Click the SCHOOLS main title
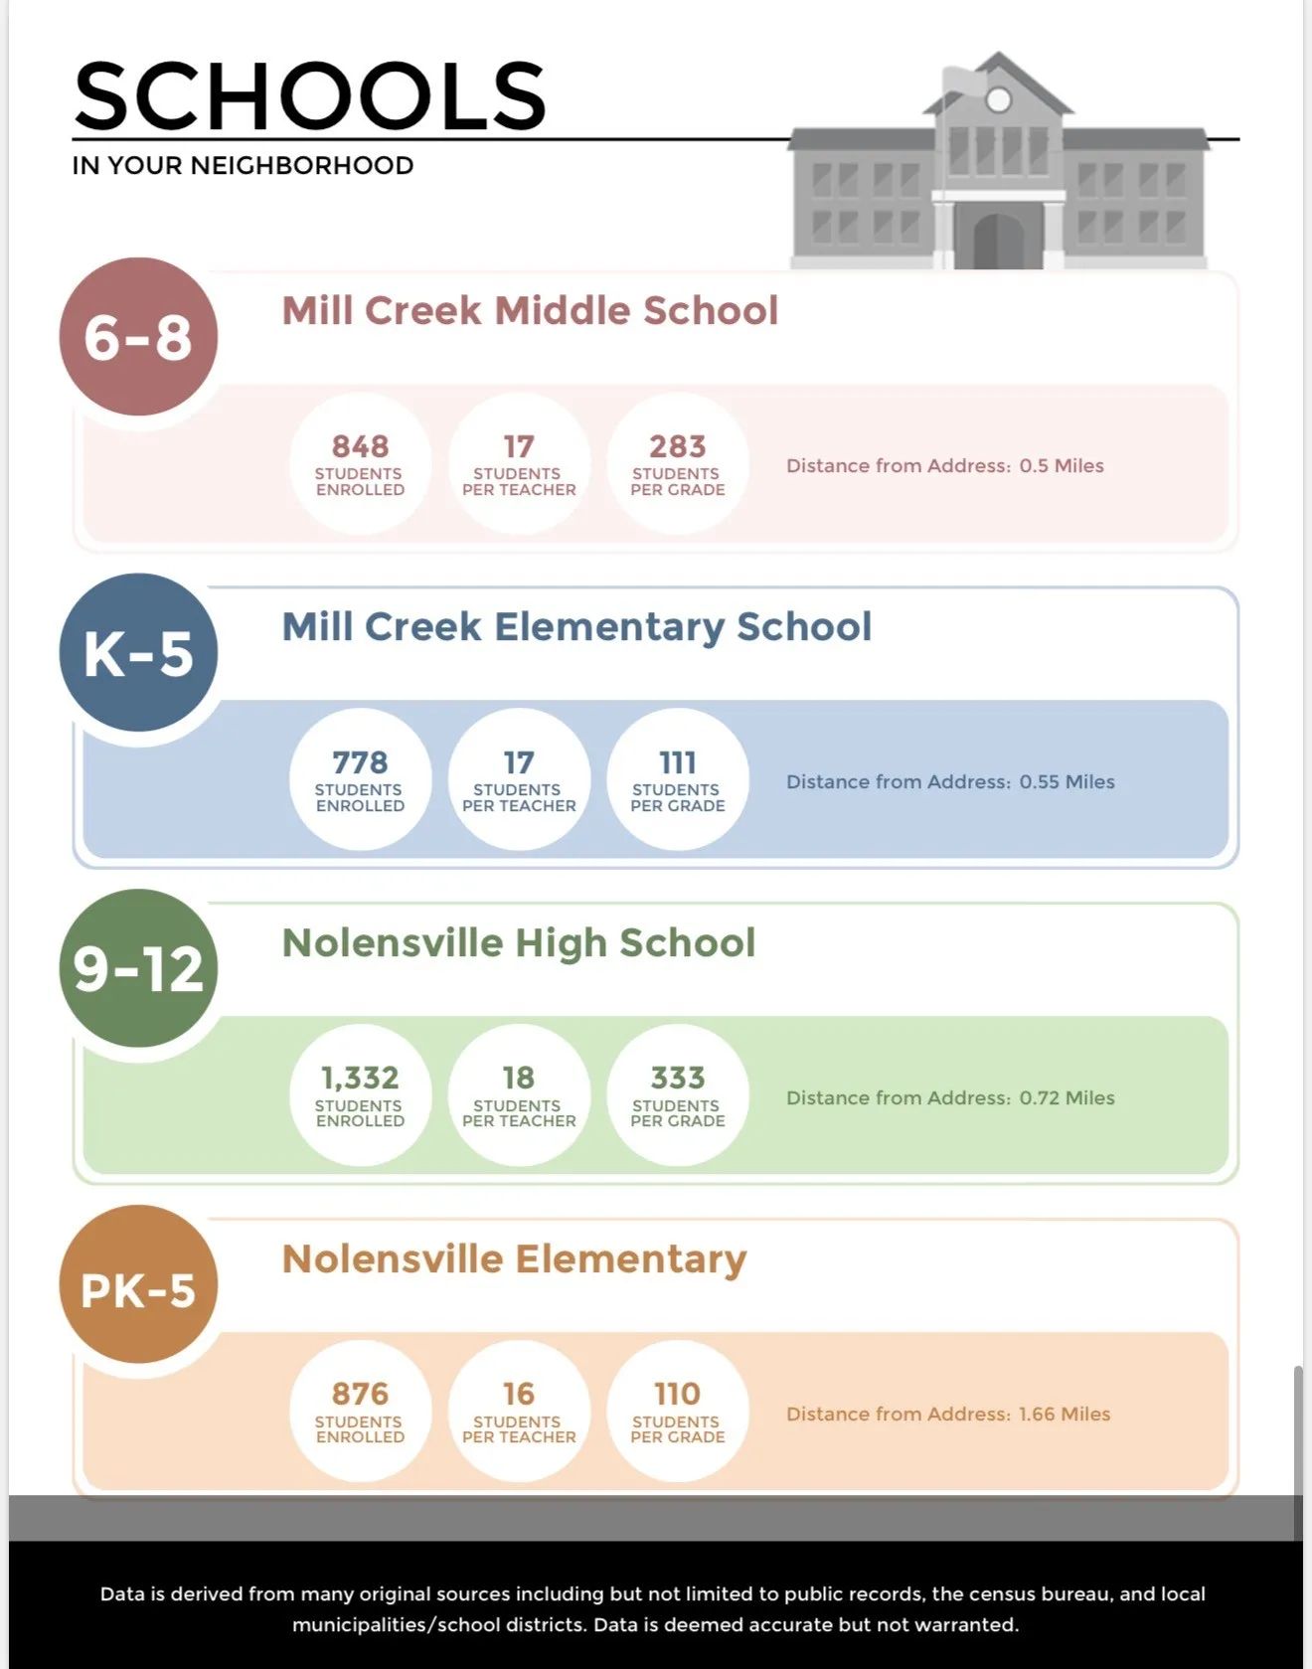[309, 96]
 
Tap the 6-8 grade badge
[138, 337]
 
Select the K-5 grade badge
[138, 653]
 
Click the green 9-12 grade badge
[138, 968]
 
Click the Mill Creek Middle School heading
[530, 310]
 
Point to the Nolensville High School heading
[519, 942]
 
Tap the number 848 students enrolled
[360, 446]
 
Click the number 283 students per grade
[677, 446]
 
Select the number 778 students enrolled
[360, 762]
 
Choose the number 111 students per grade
[677, 762]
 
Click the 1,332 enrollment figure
[360, 1078]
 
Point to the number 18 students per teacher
[518, 1078]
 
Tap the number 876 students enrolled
[360, 1394]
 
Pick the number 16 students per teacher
[518, 1394]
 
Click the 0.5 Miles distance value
[1061, 465]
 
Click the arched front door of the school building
[998, 240]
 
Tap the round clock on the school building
[998, 100]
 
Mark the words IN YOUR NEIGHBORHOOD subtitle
[243, 165]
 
